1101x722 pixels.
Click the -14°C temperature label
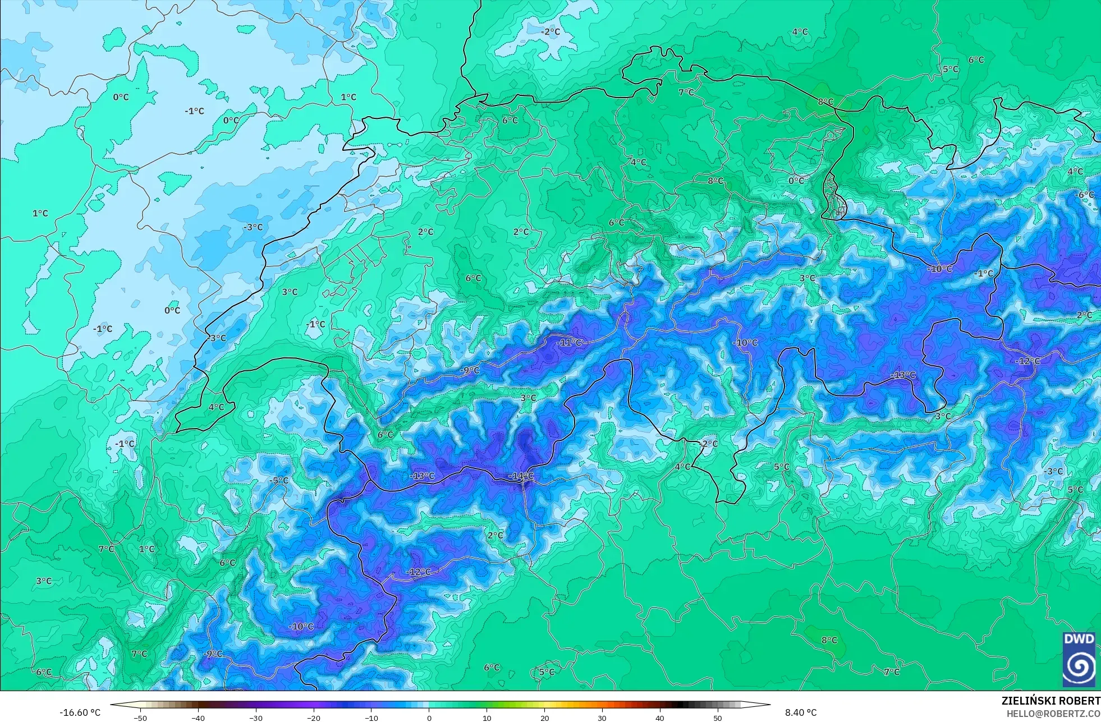coord(521,476)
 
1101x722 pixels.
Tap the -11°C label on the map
coord(569,342)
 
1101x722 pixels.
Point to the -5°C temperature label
coord(278,481)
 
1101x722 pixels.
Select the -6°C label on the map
coord(1085,195)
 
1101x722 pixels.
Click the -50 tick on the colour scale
coord(140,718)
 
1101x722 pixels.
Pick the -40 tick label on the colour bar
coord(198,718)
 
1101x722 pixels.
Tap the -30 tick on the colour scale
coord(256,718)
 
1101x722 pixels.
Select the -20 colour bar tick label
coord(314,718)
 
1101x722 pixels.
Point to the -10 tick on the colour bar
coord(371,718)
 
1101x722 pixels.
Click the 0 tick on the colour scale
coord(429,718)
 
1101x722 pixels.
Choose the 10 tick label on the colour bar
coord(487,718)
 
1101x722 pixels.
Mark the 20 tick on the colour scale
coord(544,718)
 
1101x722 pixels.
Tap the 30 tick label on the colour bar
coord(602,718)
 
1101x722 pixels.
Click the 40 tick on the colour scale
coord(660,718)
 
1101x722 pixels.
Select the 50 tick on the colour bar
coord(718,718)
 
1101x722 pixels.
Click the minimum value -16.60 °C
coord(80,712)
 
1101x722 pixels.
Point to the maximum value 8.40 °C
coord(801,712)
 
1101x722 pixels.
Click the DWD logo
coord(1079,659)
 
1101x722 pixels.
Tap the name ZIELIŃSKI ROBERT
coord(1050,701)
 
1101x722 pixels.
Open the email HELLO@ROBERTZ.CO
coord(1053,714)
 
